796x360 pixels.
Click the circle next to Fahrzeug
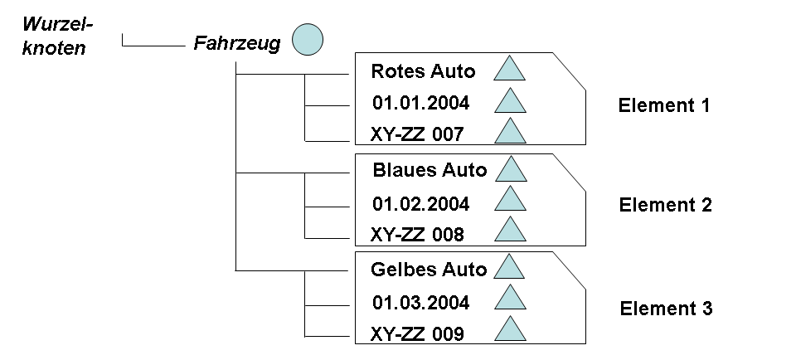(307, 40)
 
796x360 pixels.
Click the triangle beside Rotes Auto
(510, 70)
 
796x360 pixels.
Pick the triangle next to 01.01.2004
(510, 102)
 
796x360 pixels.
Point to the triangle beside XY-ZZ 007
(510, 132)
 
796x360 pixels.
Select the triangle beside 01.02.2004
(510, 201)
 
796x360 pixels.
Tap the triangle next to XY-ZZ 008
(510, 231)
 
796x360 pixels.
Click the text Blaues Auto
(430, 170)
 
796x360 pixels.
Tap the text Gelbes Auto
(429, 270)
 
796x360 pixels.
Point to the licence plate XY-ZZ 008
(418, 235)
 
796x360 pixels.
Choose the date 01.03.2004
(420, 303)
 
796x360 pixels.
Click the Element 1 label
(664, 106)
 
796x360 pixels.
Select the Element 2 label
(665, 206)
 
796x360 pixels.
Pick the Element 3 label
(666, 309)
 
